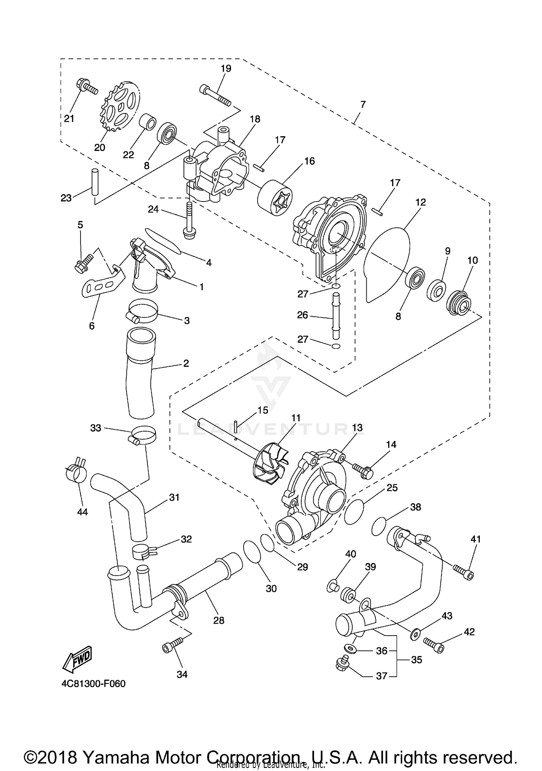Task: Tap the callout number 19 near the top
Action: tap(226, 68)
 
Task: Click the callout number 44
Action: tap(82, 512)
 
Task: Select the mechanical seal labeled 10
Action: tap(458, 302)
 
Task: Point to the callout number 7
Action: tap(363, 105)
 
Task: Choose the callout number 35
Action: tap(417, 660)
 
